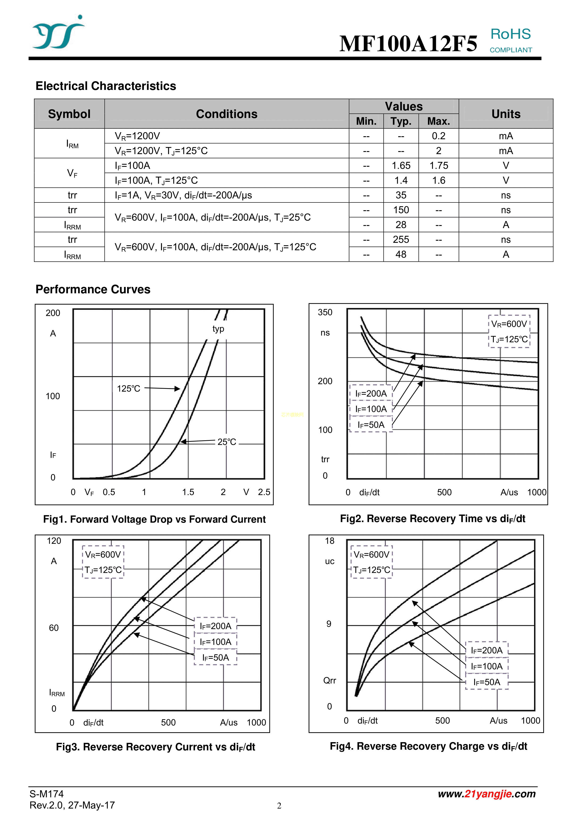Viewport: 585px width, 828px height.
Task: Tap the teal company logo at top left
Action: pos(58,33)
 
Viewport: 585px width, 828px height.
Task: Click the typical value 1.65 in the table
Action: pos(401,165)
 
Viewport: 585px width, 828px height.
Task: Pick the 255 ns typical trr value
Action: pos(401,240)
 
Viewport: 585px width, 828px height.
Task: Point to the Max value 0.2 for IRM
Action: pos(438,136)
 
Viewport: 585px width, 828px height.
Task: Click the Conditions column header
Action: pos(226,114)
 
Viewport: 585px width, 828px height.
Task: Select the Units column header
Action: pos(506,114)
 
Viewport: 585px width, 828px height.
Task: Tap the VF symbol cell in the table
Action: pos(72,173)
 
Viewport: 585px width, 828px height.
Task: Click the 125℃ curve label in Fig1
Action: pos(128,388)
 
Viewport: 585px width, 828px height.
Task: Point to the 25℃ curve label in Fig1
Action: pos(227,442)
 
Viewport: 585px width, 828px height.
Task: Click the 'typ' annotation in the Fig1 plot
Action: pos(218,329)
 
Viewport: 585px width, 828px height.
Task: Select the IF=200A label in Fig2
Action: pos(371,393)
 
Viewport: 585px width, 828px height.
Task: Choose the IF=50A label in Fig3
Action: pos(216,657)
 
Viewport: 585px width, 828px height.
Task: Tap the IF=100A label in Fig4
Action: pos(487,666)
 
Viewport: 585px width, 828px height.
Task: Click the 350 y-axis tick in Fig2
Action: pos(325,312)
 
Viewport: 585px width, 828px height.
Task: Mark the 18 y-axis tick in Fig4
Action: pos(329,541)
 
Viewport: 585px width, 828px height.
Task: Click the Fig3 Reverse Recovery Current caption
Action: pos(155,747)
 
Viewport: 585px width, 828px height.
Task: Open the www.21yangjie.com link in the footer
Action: pos(487,794)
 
